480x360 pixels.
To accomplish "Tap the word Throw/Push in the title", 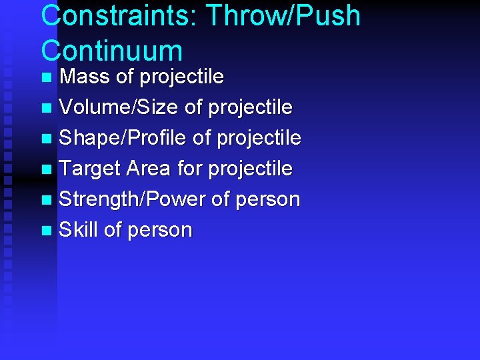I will tap(283, 16).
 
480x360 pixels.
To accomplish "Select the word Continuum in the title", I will tap(111, 51).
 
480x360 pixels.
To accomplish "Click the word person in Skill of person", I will tap(159, 231).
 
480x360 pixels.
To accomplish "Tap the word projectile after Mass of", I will tap(182, 77).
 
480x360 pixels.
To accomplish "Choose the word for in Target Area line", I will tap(190, 169).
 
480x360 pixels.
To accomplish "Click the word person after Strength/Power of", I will tap(267, 199).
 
